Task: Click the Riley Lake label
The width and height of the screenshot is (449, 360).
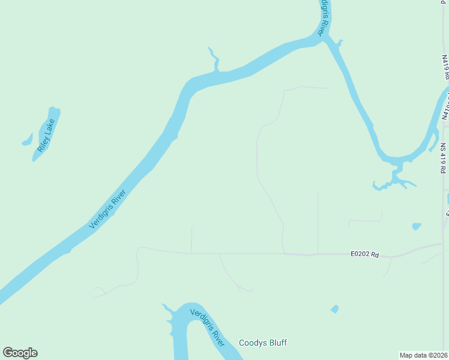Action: coord(46,135)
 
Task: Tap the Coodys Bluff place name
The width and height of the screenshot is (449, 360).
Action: coord(263,343)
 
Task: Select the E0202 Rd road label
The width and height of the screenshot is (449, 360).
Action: coord(365,254)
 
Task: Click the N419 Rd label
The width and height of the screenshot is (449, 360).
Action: coord(445,67)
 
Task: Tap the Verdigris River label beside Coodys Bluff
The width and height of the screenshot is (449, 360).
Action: coord(207,328)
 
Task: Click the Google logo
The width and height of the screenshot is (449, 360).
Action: coord(20,353)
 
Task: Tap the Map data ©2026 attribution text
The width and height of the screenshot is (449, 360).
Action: coord(424,355)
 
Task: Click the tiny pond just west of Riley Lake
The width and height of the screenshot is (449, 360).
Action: coord(27,140)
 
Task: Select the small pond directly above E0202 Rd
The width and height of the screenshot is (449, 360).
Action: coord(417,226)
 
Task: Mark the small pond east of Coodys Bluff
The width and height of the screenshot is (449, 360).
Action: coord(334,309)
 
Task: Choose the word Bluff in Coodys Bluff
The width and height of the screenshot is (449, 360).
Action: coord(278,343)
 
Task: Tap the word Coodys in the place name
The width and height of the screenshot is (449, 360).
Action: coord(253,343)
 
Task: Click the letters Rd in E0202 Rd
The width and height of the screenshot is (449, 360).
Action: coord(375,254)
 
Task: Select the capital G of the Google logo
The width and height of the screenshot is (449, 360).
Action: coord(8,352)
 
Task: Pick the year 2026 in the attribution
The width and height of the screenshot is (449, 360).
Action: coord(441,355)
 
